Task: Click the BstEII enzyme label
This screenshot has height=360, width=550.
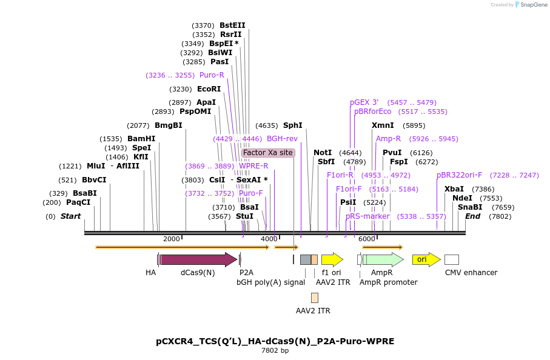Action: click(x=232, y=25)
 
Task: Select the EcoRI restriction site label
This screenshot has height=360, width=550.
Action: click(x=209, y=88)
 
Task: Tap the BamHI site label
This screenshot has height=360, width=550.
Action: click(x=141, y=139)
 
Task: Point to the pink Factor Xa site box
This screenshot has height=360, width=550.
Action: click(x=268, y=153)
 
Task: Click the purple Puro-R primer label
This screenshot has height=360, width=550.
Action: click(x=212, y=75)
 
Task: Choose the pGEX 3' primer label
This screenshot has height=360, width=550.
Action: click(x=364, y=102)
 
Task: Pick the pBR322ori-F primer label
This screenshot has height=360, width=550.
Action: click(x=459, y=175)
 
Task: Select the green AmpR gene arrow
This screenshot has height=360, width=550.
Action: click(x=383, y=259)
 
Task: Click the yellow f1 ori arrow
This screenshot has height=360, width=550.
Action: click(x=332, y=259)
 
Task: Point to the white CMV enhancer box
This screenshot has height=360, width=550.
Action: click(x=451, y=259)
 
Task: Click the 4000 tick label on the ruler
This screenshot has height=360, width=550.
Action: click(x=269, y=239)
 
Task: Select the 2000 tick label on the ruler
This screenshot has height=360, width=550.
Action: click(x=172, y=239)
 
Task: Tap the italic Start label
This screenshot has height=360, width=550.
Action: click(x=70, y=216)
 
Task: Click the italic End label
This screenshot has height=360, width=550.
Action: click(x=472, y=216)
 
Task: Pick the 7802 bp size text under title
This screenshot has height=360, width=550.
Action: click(x=275, y=350)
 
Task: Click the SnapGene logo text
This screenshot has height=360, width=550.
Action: click(x=531, y=5)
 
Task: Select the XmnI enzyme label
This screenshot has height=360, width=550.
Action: click(x=383, y=125)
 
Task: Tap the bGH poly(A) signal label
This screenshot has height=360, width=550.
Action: click(x=270, y=282)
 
